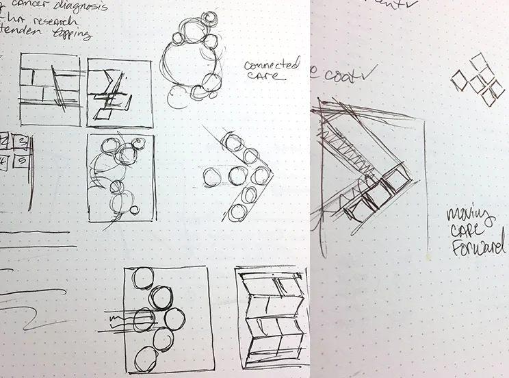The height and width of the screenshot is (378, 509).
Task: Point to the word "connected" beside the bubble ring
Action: point(272,66)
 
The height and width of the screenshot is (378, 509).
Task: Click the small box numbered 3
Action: point(21,142)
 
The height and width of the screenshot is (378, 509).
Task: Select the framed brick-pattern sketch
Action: point(49,89)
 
